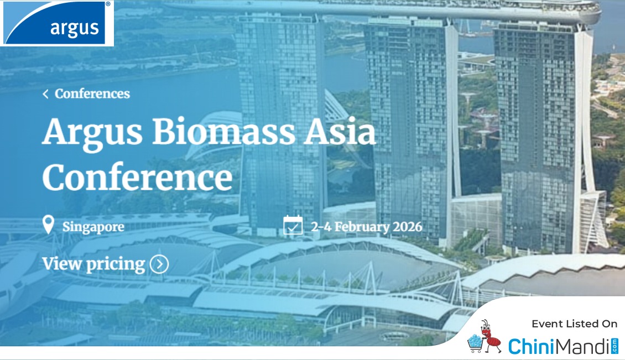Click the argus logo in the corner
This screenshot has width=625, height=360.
click(x=56, y=23)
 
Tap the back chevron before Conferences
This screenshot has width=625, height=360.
click(x=45, y=94)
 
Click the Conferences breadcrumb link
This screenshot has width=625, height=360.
click(x=92, y=93)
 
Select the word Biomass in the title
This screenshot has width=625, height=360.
click(x=223, y=132)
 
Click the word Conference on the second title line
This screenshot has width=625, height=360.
click(x=138, y=176)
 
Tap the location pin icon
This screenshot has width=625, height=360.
click(x=48, y=225)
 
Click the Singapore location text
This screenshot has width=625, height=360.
click(x=93, y=227)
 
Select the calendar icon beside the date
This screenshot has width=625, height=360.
click(x=293, y=225)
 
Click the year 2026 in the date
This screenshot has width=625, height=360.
click(x=408, y=226)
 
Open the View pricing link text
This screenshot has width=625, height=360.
click(x=93, y=264)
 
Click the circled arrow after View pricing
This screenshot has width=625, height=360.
click(x=159, y=264)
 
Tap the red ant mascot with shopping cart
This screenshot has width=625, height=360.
click(x=485, y=337)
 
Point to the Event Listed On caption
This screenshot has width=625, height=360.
click(x=574, y=324)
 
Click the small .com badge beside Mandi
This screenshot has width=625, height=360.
click(x=614, y=346)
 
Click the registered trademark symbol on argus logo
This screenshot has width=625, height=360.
click(x=108, y=4)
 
